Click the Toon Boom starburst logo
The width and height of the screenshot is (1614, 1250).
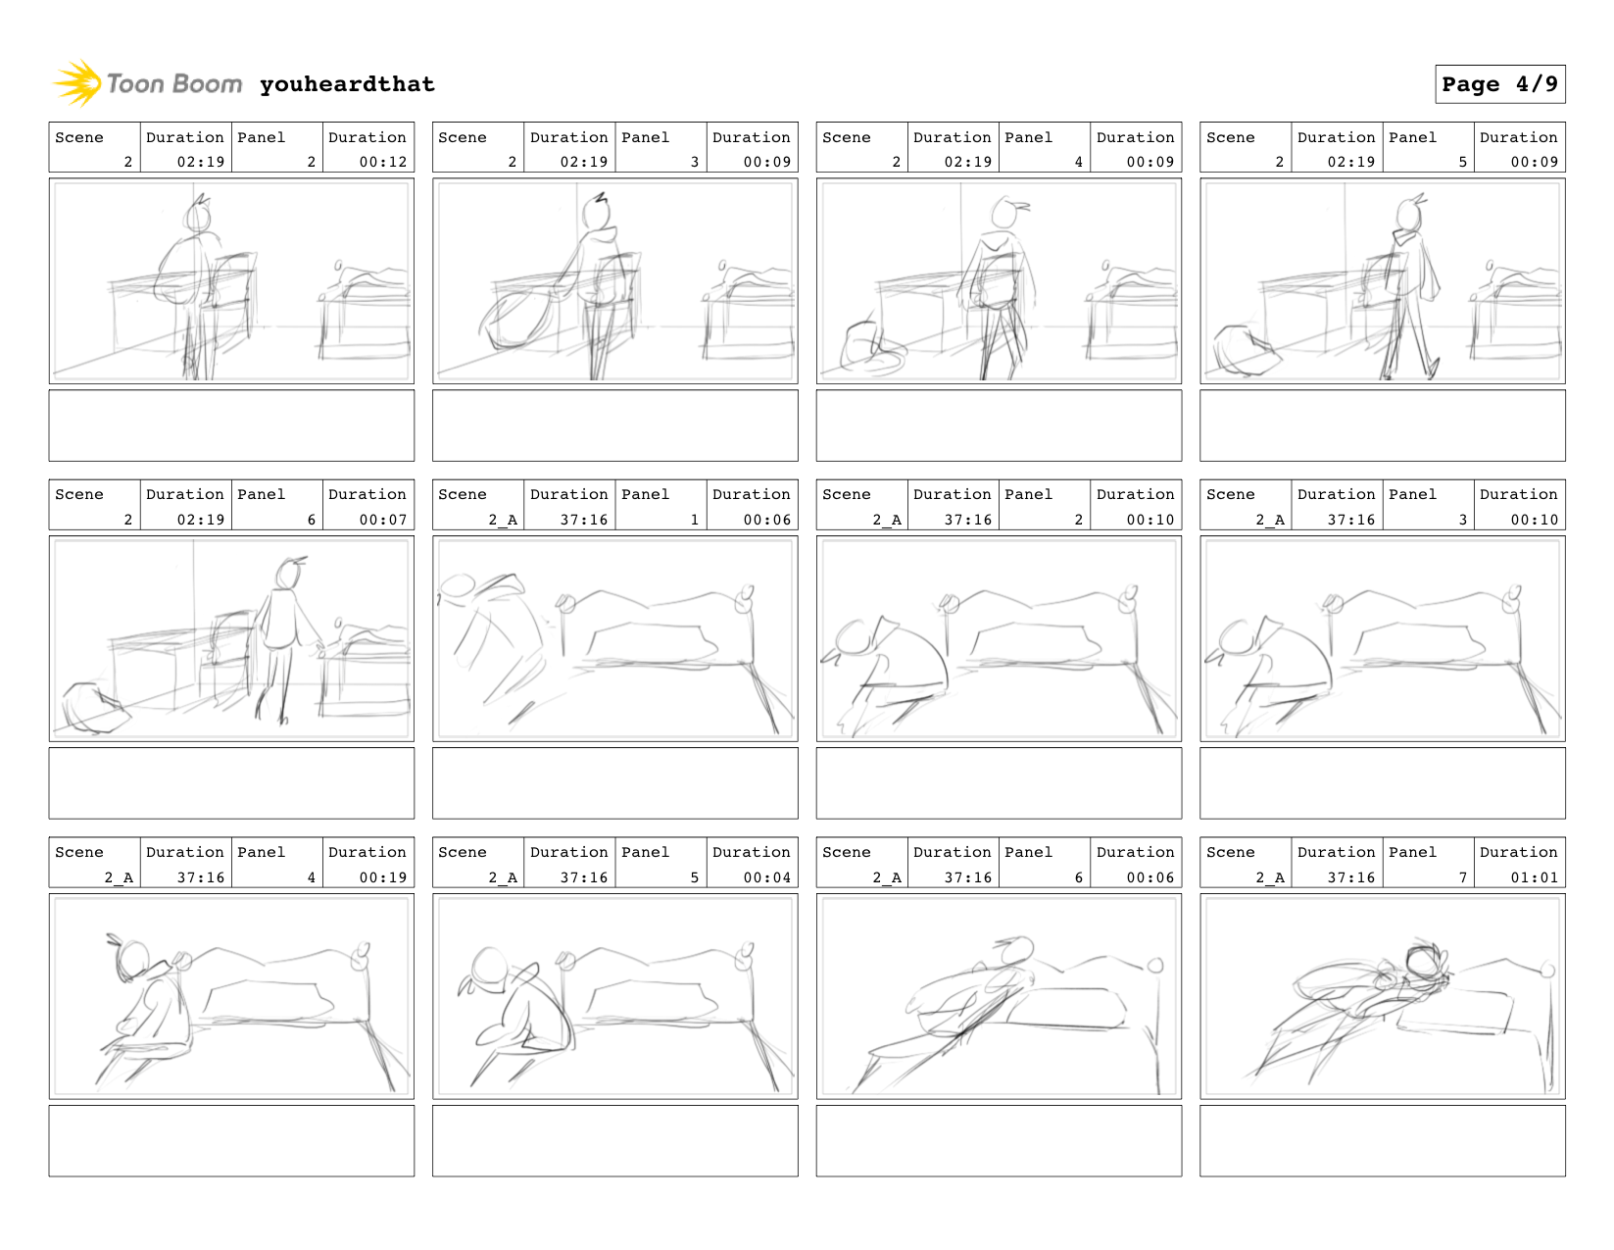(77, 83)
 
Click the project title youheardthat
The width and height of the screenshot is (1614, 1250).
(347, 84)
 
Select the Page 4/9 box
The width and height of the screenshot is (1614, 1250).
(1499, 84)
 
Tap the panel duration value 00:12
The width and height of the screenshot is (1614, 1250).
(383, 161)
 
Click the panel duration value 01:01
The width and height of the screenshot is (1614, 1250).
(1534, 877)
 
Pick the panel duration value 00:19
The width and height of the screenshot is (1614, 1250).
(383, 877)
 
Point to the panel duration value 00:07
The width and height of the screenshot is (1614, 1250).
(383, 520)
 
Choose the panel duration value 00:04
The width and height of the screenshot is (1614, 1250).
(767, 877)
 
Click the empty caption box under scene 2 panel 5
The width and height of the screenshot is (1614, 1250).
(1383, 425)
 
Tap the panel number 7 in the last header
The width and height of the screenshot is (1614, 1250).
(1462, 877)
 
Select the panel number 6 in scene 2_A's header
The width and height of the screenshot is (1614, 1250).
(1079, 877)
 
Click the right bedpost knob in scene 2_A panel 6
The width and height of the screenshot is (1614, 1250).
(1155, 966)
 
